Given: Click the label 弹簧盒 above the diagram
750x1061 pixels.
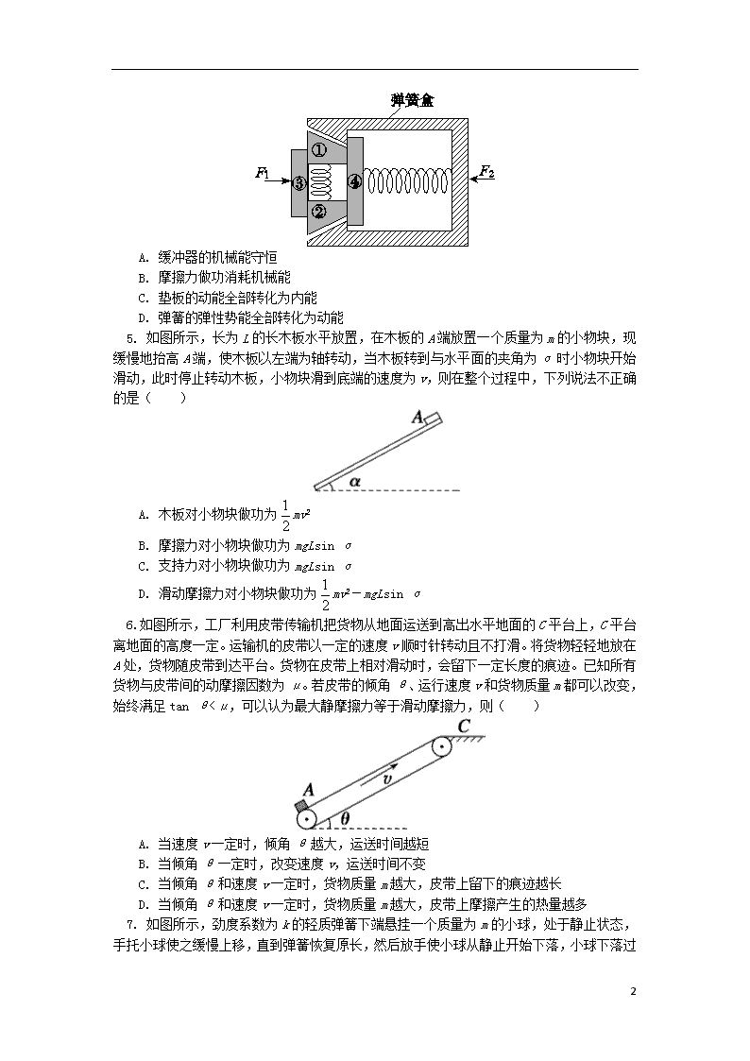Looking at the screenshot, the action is pyautogui.click(x=413, y=101).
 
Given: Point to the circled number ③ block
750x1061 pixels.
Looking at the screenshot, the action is pyautogui.click(x=299, y=182).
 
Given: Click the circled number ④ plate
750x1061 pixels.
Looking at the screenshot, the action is pyautogui.click(x=354, y=181).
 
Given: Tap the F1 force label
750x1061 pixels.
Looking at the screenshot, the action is pyautogui.click(x=263, y=174).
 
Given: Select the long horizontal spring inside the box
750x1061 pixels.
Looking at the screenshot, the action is pyautogui.click(x=408, y=182).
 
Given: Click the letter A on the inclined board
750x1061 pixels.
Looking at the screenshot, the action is pyautogui.click(x=418, y=417).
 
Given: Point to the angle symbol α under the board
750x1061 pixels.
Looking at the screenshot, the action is pyautogui.click(x=355, y=481).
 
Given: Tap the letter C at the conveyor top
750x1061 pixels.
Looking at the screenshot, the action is pyautogui.click(x=463, y=727).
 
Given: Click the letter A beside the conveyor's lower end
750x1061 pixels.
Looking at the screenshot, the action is pyautogui.click(x=308, y=790).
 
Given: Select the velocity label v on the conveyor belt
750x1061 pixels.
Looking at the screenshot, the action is pyautogui.click(x=387, y=779).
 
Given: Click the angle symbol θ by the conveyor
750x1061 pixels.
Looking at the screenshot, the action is pyautogui.click(x=345, y=818).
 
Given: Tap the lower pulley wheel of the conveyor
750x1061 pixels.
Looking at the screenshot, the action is pyautogui.click(x=307, y=819).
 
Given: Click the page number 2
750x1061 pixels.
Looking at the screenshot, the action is pyautogui.click(x=633, y=992).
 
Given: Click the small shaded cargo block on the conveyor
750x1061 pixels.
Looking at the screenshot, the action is pyautogui.click(x=300, y=805).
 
